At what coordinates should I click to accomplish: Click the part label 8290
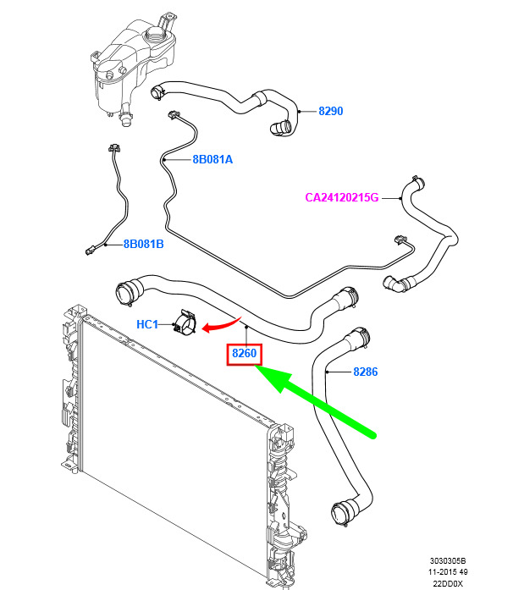tap(330, 111)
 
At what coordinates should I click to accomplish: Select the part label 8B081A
tap(212, 159)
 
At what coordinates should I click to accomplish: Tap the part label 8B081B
tap(143, 244)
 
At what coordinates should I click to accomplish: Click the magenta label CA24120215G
tap(342, 197)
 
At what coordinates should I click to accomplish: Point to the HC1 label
tap(147, 324)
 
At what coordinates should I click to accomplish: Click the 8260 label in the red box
tap(245, 353)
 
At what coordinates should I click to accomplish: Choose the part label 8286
tap(366, 372)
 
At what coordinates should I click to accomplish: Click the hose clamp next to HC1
tap(185, 323)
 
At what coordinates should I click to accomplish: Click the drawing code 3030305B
tap(448, 561)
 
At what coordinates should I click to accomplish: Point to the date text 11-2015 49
tap(448, 572)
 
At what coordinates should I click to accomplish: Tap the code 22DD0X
tap(448, 583)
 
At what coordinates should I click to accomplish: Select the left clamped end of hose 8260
tap(126, 292)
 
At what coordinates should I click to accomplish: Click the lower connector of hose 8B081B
tap(91, 250)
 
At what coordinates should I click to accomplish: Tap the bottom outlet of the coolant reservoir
tap(125, 119)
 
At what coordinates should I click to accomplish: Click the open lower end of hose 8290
tap(280, 128)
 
